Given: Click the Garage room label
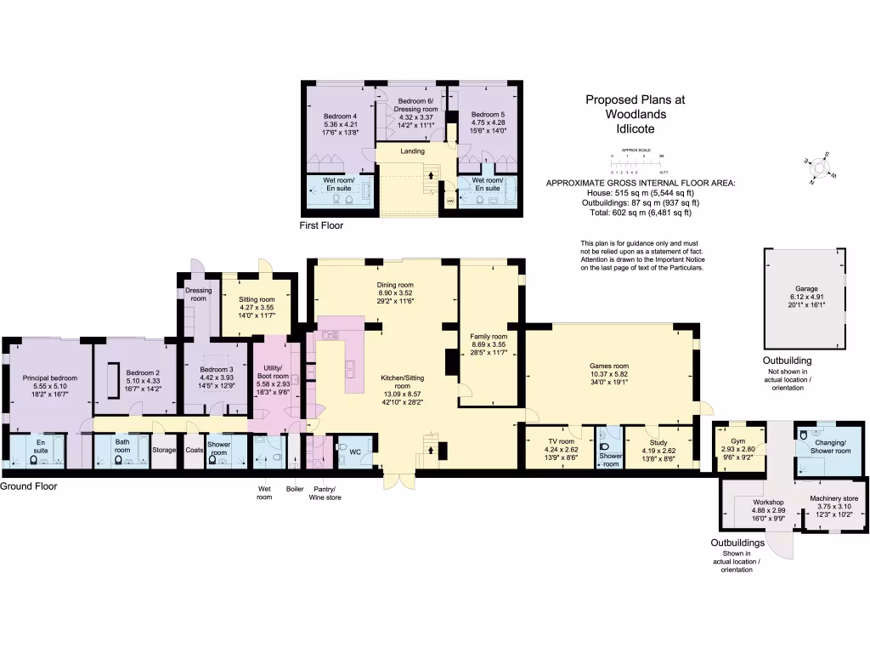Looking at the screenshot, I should [805, 289].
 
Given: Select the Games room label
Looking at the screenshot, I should [609, 366].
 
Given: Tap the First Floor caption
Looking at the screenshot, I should [321, 226].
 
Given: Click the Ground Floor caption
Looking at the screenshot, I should [29, 486].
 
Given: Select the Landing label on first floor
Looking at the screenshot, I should [412, 151].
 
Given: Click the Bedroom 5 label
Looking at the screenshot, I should [488, 114].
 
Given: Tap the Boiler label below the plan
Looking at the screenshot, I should [295, 488].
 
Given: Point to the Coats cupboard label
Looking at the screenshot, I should [195, 451].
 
